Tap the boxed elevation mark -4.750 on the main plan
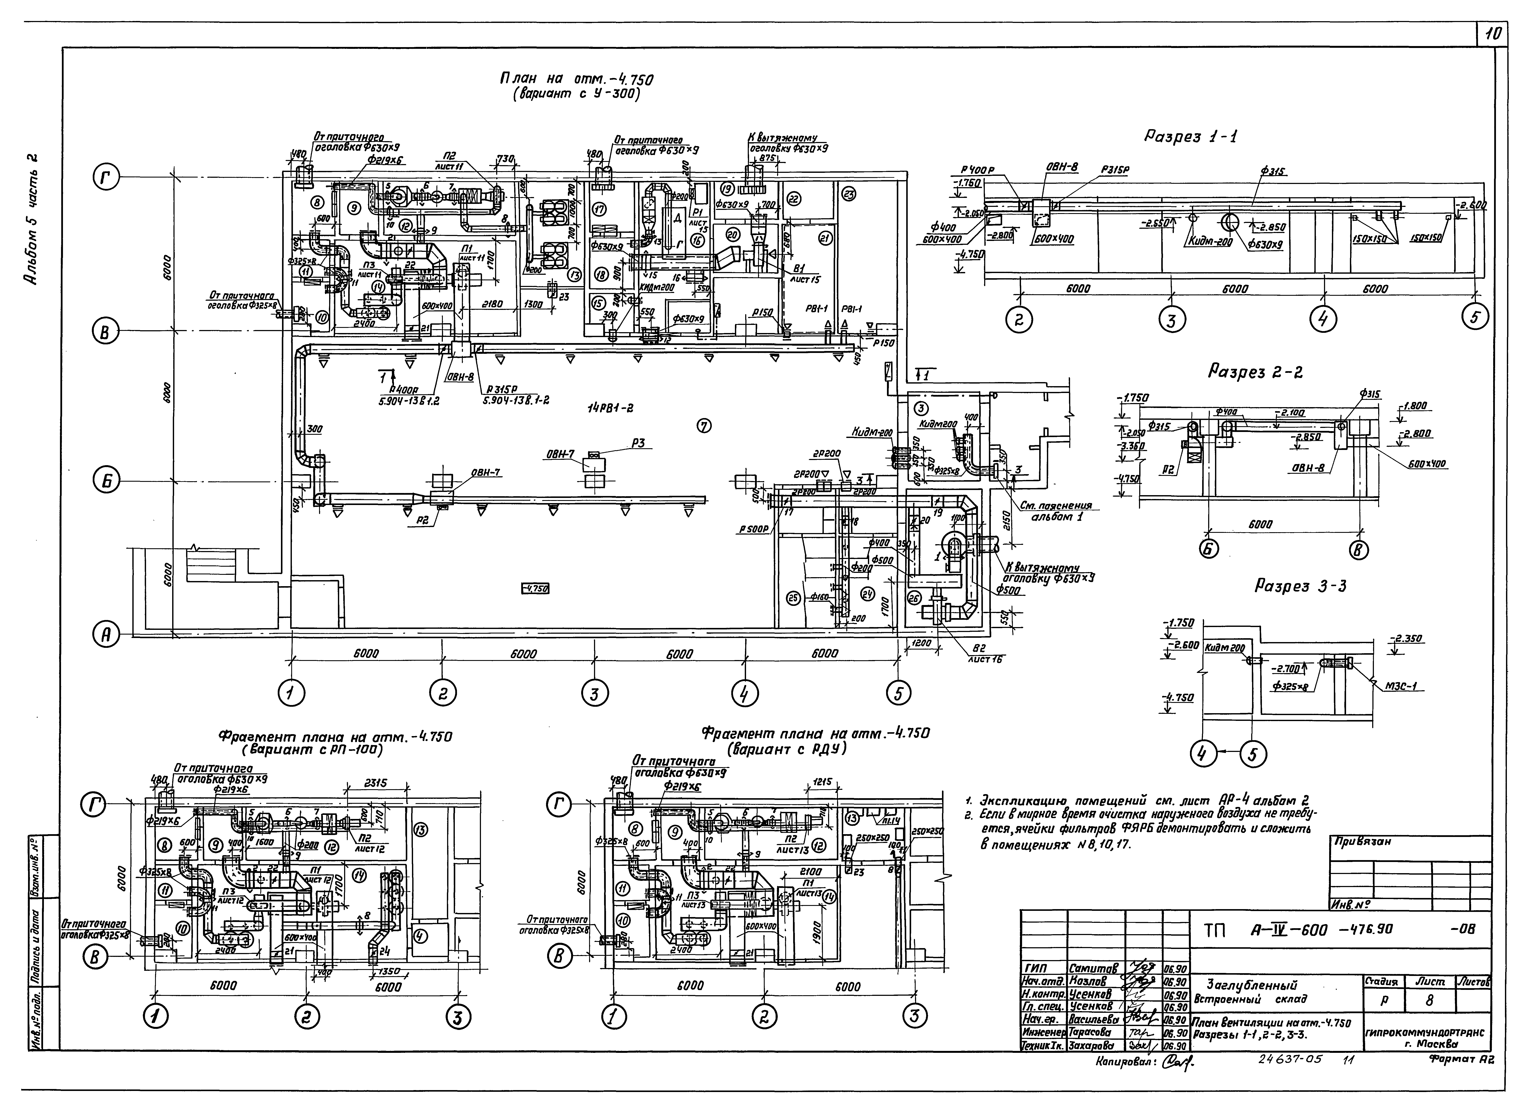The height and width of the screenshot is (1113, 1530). (535, 589)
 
